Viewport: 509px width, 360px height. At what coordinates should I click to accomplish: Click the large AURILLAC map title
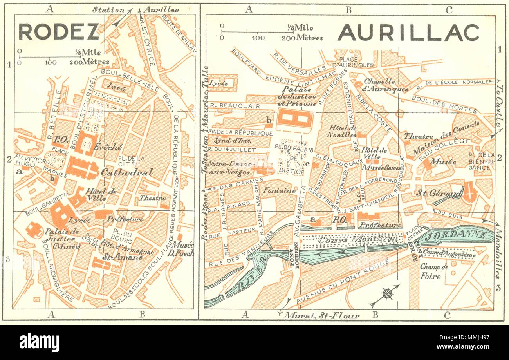click(x=408, y=33)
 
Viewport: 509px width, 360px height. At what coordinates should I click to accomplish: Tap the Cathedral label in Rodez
click(x=126, y=172)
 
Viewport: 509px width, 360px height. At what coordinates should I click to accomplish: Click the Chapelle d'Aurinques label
click(x=386, y=85)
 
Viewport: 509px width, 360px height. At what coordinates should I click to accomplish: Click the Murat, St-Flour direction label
click(x=321, y=315)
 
